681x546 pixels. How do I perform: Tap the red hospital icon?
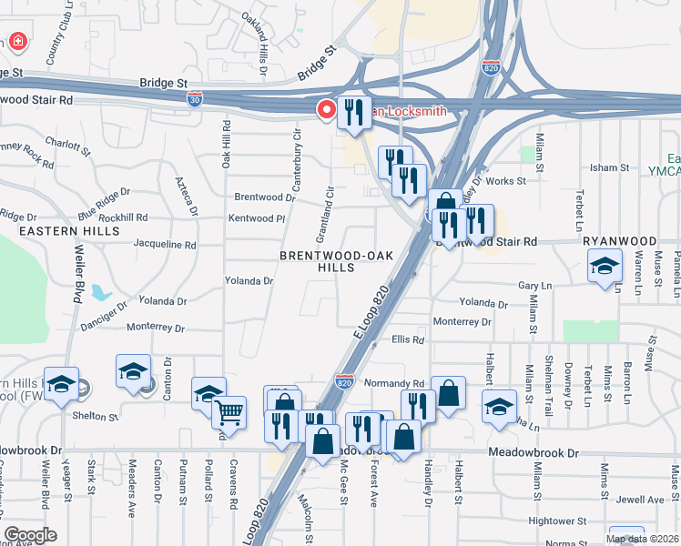(16, 42)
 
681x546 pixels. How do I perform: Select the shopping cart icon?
(229, 412)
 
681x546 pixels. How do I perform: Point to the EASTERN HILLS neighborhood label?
(69, 231)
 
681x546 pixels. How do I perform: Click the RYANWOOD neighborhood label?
(619, 242)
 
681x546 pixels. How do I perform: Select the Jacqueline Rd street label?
(165, 246)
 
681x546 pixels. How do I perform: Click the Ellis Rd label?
(408, 339)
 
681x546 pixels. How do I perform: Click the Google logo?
(30, 535)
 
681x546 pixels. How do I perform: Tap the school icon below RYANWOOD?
(604, 268)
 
